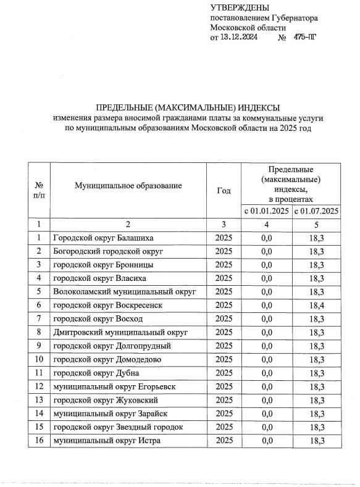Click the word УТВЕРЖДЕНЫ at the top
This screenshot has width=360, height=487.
point(240,7)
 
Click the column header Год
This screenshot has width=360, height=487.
point(224,191)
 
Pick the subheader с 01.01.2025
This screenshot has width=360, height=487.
point(267,211)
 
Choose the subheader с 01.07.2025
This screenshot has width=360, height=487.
point(316,211)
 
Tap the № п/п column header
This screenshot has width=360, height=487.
point(39,190)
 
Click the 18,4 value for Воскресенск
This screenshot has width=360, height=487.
point(316,305)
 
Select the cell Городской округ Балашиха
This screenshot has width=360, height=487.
point(103,238)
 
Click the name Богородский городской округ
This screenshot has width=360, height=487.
point(107,251)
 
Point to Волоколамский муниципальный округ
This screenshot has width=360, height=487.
point(124,291)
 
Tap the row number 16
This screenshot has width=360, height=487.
point(39,439)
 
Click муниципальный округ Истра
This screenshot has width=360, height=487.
point(101,439)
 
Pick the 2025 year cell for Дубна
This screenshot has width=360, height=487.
point(224,373)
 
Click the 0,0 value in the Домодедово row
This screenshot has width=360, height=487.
point(267,359)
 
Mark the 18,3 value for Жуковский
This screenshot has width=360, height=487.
point(316,400)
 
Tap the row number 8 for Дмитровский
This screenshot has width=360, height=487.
point(39,332)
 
